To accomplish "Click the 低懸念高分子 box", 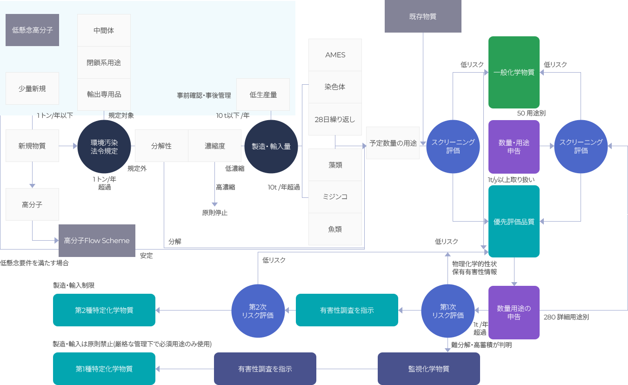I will (x=32, y=30).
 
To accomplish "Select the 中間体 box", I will (x=104, y=31).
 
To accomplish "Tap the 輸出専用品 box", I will (x=104, y=95).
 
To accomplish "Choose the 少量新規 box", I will (x=32, y=88).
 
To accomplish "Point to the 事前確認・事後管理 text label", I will (x=204, y=95).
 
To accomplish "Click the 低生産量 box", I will (x=263, y=95).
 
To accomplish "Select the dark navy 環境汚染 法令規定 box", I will (x=104, y=147).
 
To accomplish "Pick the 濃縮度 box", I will (x=215, y=146).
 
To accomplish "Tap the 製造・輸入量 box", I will (x=271, y=147).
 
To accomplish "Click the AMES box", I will (x=335, y=55).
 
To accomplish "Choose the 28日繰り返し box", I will (x=335, y=119).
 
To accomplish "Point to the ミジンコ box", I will (x=335, y=197).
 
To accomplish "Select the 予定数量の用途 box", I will (x=393, y=143).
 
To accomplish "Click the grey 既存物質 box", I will (x=422, y=17).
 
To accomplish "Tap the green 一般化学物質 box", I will (x=514, y=73).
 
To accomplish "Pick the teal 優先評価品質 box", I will (x=514, y=222).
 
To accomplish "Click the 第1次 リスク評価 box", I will (x=448, y=311).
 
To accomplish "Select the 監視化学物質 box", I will (x=428, y=369).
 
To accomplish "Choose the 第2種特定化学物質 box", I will (x=104, y=310).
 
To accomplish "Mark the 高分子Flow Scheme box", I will (x=97, y=241).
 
